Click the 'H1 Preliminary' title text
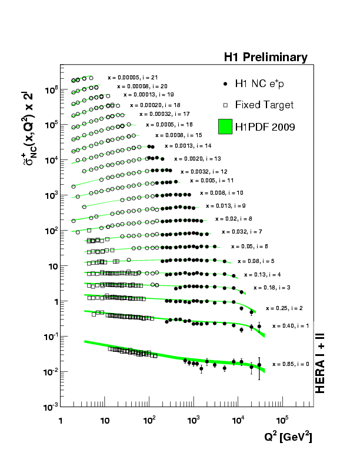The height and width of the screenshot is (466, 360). click(x=265, y=58)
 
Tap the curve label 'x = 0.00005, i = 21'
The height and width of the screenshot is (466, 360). click(x=132, y=77)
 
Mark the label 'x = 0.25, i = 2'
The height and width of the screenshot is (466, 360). click(x=284, y=308)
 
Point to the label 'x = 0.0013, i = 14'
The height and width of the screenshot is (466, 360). click(x=188, y=145)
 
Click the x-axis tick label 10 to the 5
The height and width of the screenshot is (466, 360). click(x=282, y=420)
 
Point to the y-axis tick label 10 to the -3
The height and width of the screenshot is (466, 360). click(x=48, y=407)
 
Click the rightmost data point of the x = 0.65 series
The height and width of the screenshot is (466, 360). click(x=259, y=365)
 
